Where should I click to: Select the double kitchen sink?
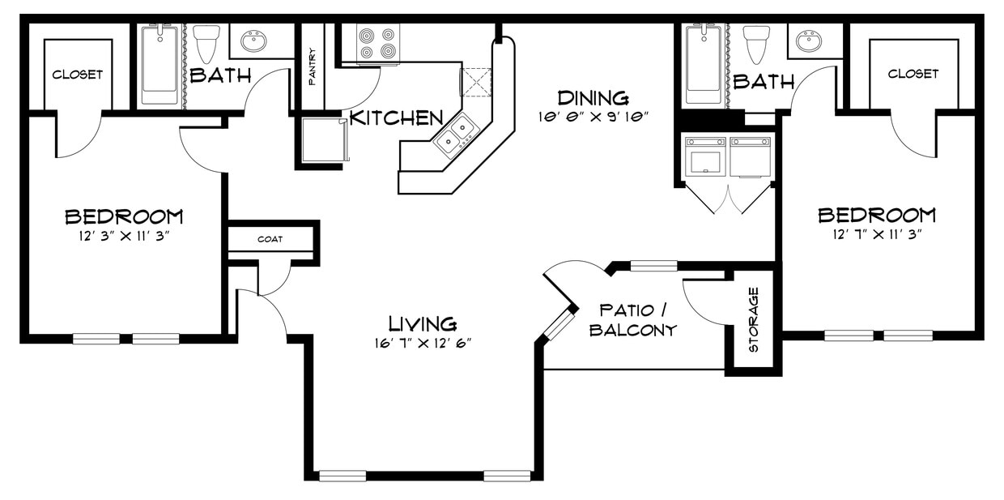click(x=454, y=135)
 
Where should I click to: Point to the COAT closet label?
click(x=270, y=239)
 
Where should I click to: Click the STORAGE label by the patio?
click(x=753, y=319)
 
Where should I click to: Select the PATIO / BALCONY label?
click(x=633, y=320)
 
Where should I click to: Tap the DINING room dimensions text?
click(x=595, y=117)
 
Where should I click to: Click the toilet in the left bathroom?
click(x=207, y=42)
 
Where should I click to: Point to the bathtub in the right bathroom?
click(x=703, y=65)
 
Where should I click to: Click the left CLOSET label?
click(x=78, y=75)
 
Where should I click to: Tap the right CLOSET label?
click(x=913, y=74)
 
